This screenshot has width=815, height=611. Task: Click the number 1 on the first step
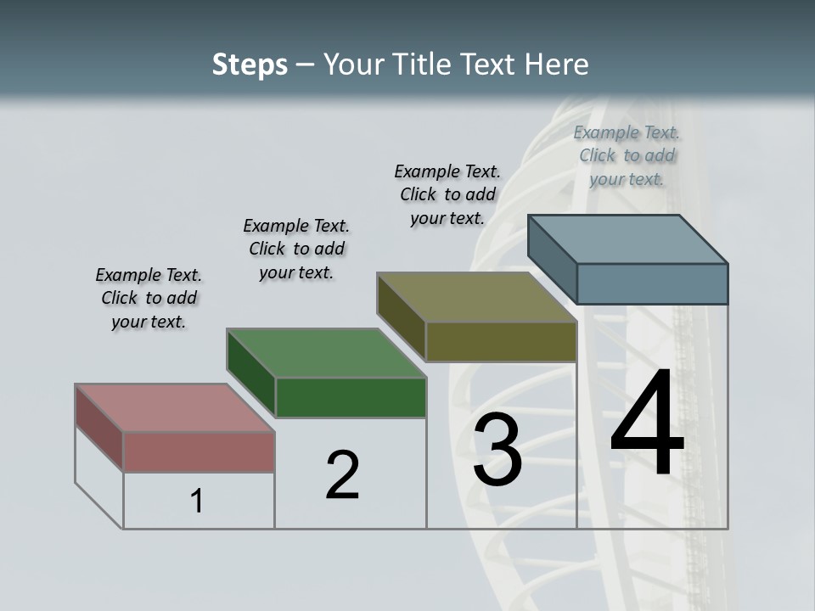point(197,502)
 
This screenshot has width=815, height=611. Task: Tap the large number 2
point(342,474)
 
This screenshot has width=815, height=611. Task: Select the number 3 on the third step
point(497,450)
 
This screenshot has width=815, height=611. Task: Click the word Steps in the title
point(250,64)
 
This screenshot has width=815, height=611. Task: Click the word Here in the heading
point(557,64)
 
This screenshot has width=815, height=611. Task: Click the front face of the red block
point(199,451)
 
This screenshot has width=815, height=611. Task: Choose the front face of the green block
point(351,397)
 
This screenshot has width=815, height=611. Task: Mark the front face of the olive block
point(501,341)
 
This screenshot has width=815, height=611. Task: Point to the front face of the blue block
point(652,283)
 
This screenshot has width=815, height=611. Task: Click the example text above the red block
point(149,298)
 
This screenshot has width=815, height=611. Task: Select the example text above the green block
point(296,249)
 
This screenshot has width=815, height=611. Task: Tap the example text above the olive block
point(447,194)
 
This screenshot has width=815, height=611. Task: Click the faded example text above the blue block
point(627,155)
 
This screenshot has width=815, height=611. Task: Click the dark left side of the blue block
point(552,258)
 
